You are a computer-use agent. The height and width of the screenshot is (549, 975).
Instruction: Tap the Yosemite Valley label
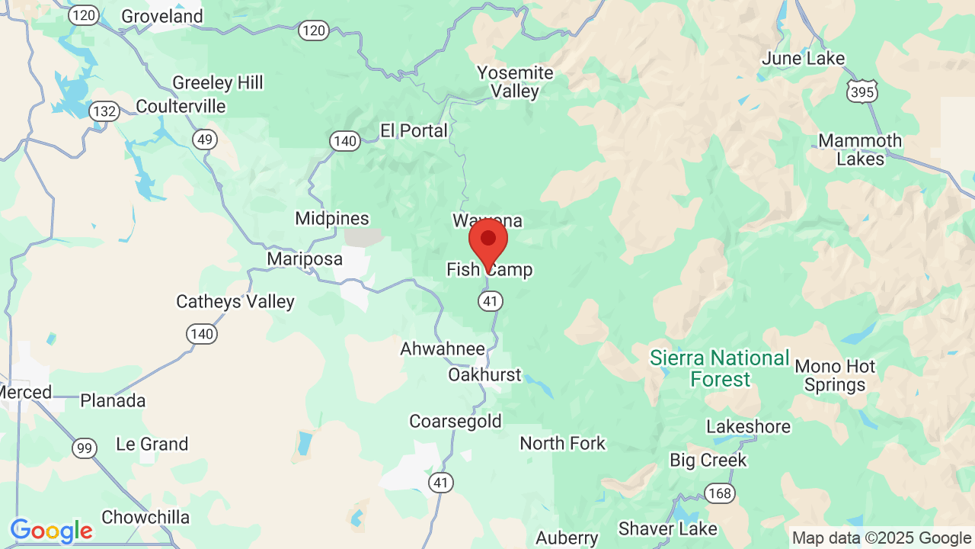click(515, 82)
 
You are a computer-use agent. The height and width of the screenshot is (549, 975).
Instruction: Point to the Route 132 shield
click(104, 111)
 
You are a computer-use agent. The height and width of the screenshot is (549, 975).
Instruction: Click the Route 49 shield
click(205, 140)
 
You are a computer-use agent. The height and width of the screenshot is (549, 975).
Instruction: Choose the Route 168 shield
click(719, 493)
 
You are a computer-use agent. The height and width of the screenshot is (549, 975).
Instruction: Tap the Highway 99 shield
click(85, 448)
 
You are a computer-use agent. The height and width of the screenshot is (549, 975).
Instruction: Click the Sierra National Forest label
click(720, 368)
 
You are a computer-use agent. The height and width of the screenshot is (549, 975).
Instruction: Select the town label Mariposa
click(305, 259)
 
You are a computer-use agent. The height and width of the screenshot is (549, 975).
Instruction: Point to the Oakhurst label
click(484, 374)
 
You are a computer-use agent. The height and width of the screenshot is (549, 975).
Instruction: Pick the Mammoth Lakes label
click(860, 149)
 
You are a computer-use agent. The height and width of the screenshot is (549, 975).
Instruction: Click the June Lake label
click(804, 59)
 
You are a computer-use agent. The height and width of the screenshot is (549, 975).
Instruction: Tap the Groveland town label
click(162, 16)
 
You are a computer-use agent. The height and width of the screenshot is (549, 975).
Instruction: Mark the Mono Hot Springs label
click(835, 376)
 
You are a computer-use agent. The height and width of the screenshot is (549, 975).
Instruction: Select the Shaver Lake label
click(668, 528)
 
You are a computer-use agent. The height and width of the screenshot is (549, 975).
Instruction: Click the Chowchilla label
click(145, 517)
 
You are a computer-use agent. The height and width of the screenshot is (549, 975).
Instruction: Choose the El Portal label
click(414, 131)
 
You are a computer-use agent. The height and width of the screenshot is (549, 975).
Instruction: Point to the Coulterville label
click(181, 106)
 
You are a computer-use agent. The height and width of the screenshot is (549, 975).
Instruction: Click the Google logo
click(51, 531)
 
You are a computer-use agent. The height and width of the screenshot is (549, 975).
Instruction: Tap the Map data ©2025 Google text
click(882, 538)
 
